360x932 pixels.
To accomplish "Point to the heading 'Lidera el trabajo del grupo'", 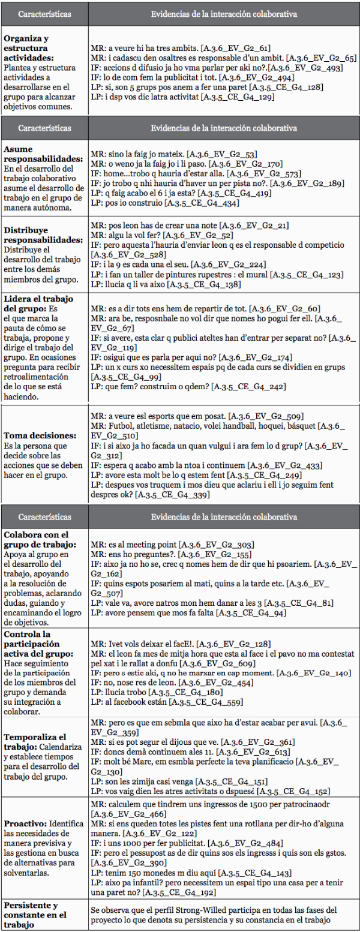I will [x=38, y=303].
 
